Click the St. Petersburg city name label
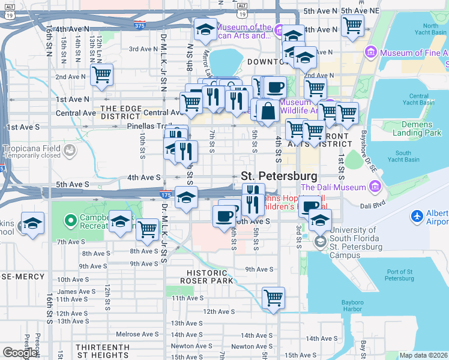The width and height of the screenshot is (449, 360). (x=279, y=176)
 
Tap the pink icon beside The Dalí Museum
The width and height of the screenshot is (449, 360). (x=375, y=187)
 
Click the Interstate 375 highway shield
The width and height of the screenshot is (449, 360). (x=139, y=26)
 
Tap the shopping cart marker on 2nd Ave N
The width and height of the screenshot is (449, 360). (x=101, y=75)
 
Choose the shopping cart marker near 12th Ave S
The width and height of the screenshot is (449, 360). (x=273, y=297)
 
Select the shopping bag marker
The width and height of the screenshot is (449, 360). (x=268, y=111)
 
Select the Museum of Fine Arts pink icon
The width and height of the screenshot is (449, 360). (x=370, y=53)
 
